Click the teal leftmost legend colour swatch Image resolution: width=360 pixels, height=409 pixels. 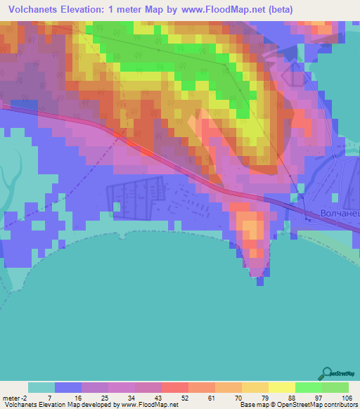click(41, 388)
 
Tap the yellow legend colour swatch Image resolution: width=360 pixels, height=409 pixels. click(281, 388)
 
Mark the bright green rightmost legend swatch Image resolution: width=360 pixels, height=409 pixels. click(335, 388)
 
